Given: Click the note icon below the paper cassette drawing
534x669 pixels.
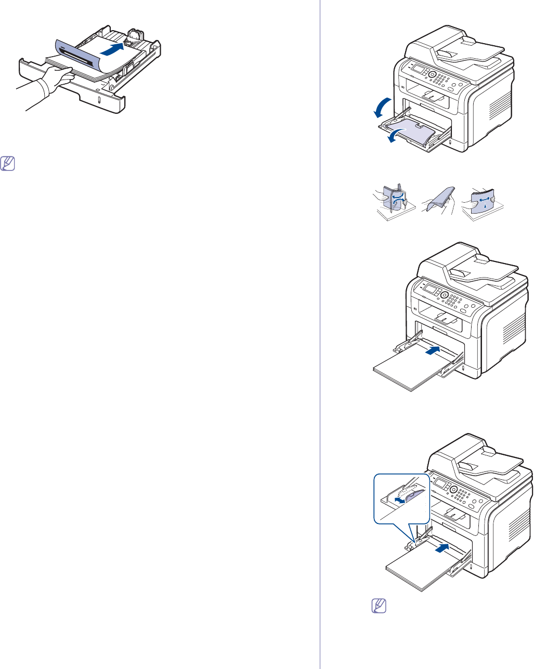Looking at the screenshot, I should [x=8, y=164].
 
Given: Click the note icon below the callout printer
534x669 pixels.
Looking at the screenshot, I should [x=379, y=606].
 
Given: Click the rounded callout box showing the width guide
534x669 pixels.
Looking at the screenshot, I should [x=402, y=499].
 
